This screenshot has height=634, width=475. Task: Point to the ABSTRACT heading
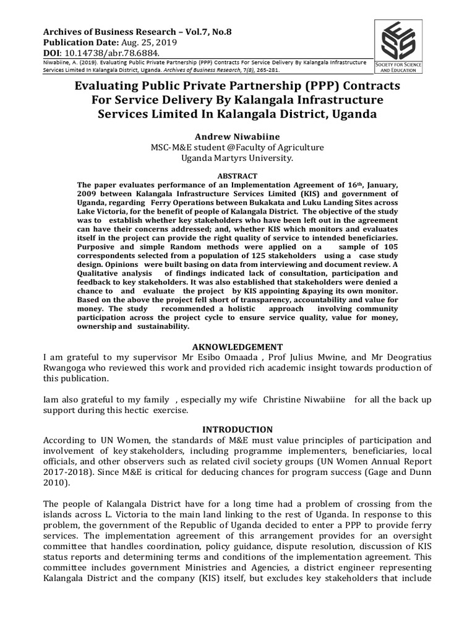tap(237, 175)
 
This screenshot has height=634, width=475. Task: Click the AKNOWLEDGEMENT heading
tap(237, 346)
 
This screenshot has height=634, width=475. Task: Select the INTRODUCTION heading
tap(237, 429)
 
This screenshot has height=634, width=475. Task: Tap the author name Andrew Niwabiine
tap(237, 136)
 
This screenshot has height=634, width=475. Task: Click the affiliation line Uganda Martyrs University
tap(237, 158)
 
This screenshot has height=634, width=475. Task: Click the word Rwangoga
tap(69, 368)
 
